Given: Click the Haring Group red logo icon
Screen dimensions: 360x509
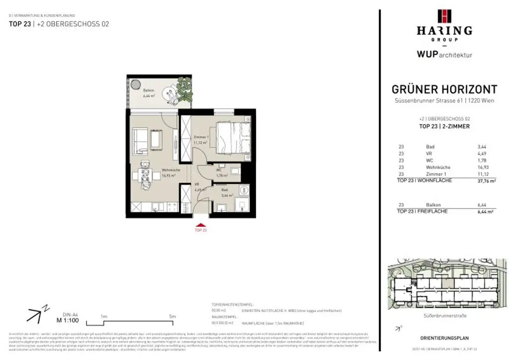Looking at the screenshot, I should tap(444, 16).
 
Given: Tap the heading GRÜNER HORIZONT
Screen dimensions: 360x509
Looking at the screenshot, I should tap(444, 90).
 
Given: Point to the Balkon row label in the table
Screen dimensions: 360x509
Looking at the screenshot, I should tap(433, 204).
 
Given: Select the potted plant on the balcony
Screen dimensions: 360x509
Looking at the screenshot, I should tap(185, 90).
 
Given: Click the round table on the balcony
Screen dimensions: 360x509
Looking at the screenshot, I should tap(171, 91).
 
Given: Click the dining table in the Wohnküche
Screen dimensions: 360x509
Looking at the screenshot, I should tap(145, 175).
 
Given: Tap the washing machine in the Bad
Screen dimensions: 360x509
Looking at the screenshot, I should tap(243, 190).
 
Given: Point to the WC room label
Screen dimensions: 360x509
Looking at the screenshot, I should tap(219, 170).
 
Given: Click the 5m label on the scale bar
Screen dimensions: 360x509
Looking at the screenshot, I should tap(172, 316).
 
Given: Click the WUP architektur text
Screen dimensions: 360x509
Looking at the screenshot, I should tap(444, 55).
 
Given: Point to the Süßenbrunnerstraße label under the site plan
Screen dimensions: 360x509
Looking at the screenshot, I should tap(444, 315).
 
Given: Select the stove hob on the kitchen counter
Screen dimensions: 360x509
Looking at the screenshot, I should tap(170, 206).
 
